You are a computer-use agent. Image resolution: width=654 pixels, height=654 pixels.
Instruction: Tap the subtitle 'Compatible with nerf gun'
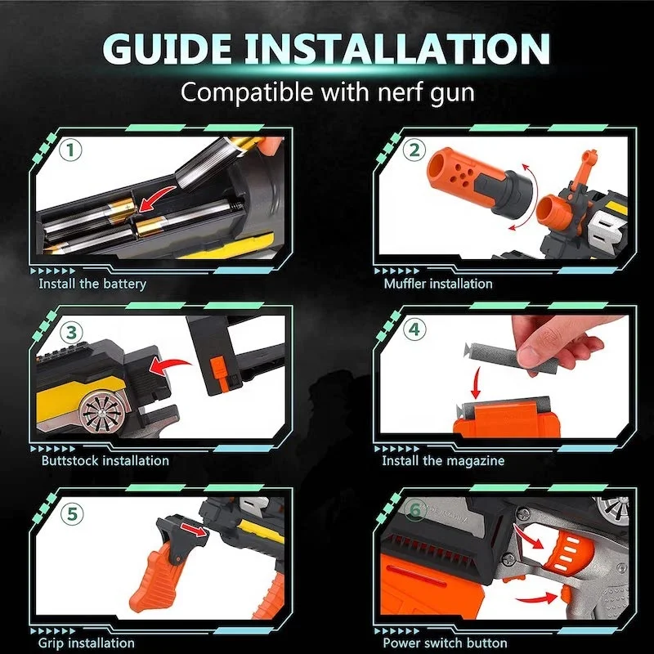click(327, 91)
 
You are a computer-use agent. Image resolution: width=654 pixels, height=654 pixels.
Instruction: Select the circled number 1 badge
click(71, 150)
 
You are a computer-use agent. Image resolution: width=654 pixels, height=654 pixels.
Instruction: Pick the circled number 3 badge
click(71, 332)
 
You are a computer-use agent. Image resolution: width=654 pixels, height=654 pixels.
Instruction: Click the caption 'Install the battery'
click(92, 284)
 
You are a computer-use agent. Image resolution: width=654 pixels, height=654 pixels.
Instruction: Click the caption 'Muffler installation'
click(438, 284)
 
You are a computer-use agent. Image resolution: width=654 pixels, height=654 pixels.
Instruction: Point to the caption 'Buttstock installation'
click(105, 460)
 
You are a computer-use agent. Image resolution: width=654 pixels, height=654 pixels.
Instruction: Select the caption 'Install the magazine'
click(443, 460)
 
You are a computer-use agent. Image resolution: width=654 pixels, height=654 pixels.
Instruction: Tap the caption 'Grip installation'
click(87, 643)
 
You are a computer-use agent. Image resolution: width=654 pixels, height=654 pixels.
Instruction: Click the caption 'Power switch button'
click(445, 643)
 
